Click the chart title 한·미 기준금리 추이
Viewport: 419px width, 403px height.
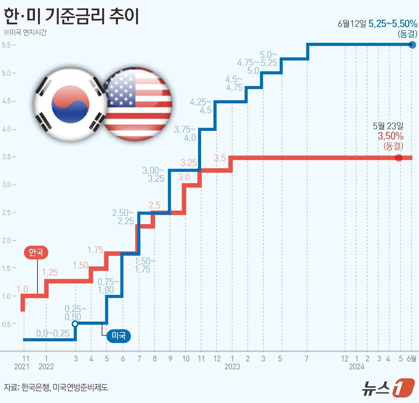(71, 16)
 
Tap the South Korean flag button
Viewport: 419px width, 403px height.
(70, 104)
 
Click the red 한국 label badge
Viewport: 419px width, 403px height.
(36, 253)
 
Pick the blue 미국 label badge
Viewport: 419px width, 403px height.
(119, 336)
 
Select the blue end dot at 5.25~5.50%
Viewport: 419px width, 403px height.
(412, 45)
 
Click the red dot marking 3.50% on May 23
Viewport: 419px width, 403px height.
(399, 158)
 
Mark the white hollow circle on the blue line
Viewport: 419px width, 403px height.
(75, 324)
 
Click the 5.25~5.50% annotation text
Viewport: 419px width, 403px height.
(393, 24)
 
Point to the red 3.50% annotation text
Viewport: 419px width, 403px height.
(391, 136)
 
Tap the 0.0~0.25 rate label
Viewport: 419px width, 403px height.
(53, 333)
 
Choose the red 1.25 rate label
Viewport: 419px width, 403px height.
(50, 273)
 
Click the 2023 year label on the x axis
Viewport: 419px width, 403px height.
(232, 366)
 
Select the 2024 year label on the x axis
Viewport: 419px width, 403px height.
(357, 366)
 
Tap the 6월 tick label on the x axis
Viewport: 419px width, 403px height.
(412, 359)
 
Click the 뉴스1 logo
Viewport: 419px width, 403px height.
(388, 388)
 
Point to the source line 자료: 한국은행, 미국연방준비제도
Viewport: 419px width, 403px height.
(56, 387)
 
